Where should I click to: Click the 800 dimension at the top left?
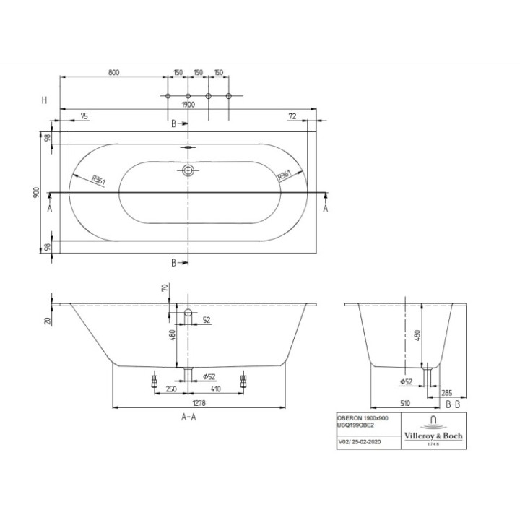coord(113,72)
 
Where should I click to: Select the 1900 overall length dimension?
coord(188,104)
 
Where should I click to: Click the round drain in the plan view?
coord(188,170)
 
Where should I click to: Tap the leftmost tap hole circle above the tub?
coord(168,96)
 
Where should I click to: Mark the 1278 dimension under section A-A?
coord(188,398)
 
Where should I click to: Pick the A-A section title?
coord(188,417)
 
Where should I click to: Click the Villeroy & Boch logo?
coord(433,432)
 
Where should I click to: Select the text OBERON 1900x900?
coord(363,418)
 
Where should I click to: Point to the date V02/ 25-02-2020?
coord(359,440)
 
